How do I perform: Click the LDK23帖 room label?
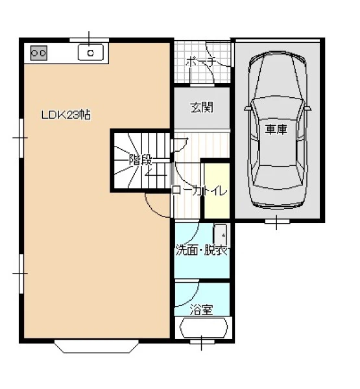coord(66,115)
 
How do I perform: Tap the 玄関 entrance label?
coord(202,108)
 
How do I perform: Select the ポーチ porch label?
coord(200,62)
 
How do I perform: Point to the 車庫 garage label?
coord(276,129)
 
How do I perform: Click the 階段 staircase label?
coord(141,160)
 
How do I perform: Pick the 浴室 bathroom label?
coord(201,310)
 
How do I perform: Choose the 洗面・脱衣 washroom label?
coord(202,251)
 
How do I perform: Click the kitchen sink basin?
coord(91,53)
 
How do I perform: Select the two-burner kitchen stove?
coord(39,53)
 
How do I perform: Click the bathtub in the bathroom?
coord(204,328)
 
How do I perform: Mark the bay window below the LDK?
coord(97,347)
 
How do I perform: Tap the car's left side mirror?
coord(248,108)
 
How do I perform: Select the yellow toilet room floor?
coord(217,191)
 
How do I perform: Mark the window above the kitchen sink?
coord(89,40)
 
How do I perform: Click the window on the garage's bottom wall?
coord(277,221)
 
